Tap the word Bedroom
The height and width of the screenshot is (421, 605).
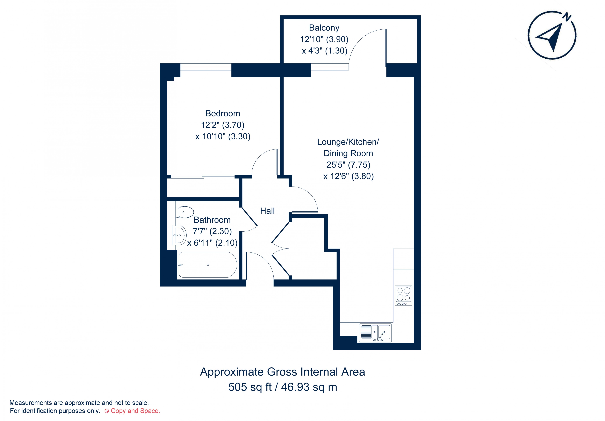[x=223, y=114]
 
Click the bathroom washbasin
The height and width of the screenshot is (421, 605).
[x=179, y=235]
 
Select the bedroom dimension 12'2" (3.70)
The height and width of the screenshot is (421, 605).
[x=223, y=125]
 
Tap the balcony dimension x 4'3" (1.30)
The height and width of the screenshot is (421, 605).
[x=324, y=51]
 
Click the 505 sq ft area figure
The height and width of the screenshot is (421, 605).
[x=250, y=387]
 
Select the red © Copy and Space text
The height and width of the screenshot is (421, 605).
[x=132, y=411]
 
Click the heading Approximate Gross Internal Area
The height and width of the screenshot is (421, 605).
[x=282, y=372]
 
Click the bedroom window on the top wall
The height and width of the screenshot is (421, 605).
[x=206, y=67]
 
